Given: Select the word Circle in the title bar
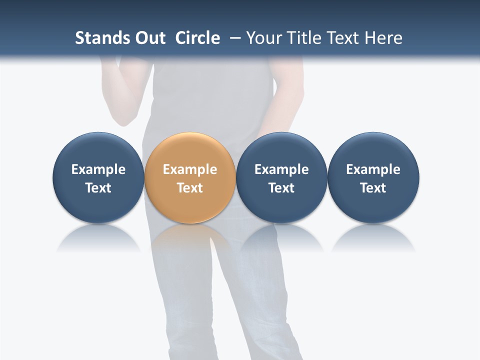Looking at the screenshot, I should (197, 38).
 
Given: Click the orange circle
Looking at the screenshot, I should (190, 150).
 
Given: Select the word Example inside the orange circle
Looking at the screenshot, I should (190, 169).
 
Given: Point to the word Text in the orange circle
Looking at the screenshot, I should (190, 188).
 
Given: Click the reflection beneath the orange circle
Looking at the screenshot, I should (190, 237).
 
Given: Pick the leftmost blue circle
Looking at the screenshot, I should (98, 150).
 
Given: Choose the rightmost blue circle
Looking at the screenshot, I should (373, 150).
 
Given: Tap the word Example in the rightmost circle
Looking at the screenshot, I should (373, 169).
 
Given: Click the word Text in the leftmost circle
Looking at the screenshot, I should (98, 188).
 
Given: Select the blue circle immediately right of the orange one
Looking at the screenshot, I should (281, 150).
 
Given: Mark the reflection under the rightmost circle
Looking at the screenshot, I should (373, 237).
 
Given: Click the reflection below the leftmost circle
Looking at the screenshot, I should (98, 237).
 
